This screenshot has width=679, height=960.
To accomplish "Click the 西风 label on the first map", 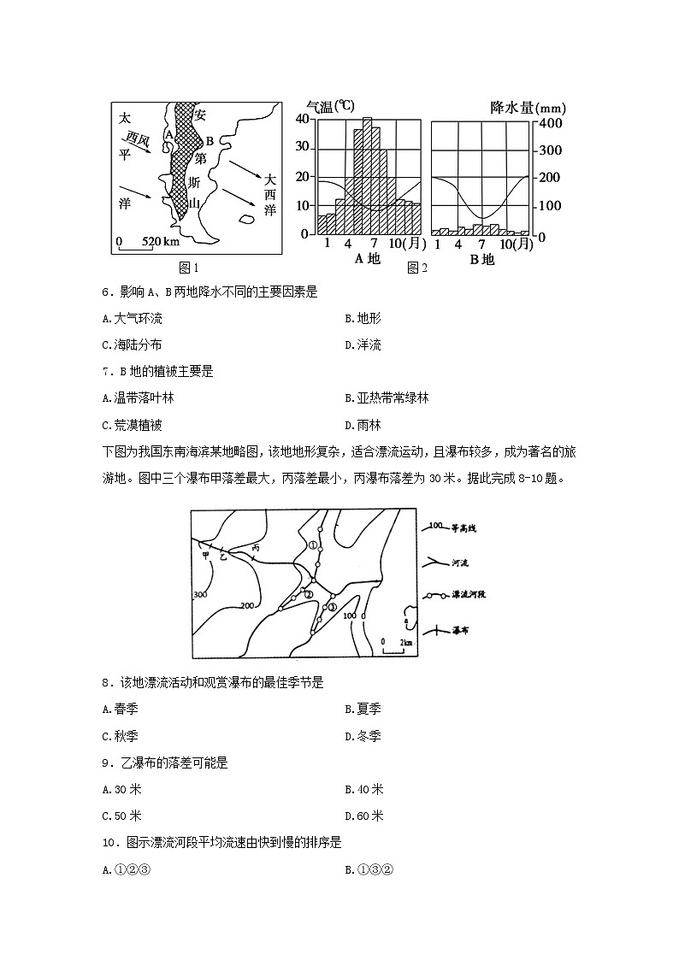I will (x=138, y=137).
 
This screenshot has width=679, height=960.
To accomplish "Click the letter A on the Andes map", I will (x=169, y=134).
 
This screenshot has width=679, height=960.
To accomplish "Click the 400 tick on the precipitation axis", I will (x=550, y=123).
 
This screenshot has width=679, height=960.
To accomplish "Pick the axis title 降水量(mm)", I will (x=528, y=108).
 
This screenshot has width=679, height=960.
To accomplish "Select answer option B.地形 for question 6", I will (x=363, y=318).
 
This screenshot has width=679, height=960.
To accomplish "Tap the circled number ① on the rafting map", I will (x=313, y=544).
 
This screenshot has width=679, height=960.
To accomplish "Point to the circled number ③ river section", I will (x=333, y=606).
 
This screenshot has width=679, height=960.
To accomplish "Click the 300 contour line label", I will (x=201, y=594).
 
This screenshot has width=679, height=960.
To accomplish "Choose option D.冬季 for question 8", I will (x=363, y=735).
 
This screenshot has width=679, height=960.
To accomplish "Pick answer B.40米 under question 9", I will (x=363, y=789).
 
